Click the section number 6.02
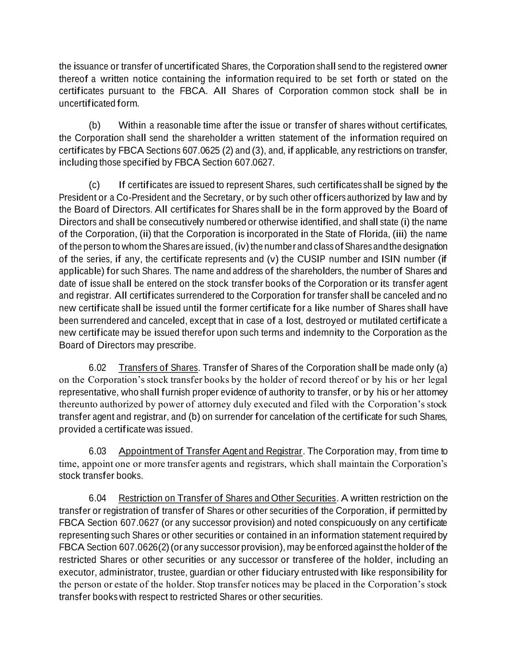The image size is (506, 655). point(97,368)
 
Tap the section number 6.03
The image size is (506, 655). point(97,452)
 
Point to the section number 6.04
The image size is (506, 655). point(97,498)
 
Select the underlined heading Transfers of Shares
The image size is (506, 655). point(158,368)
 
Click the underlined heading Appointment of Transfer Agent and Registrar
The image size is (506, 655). point(211,452)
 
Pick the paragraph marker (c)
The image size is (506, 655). point(94,185)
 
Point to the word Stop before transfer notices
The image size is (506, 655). point(206,585)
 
